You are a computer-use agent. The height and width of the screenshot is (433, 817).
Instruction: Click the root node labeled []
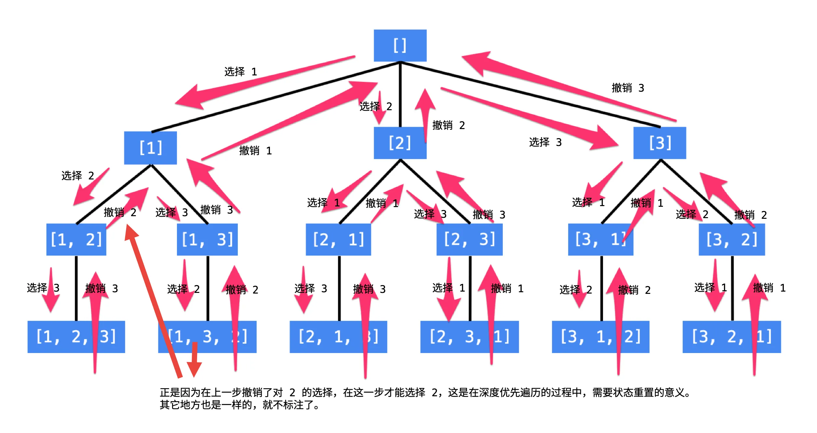pyautogui.click(x=400, y=46)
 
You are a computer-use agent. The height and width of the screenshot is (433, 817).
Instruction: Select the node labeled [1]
pyautogui.click(x=150, y=148)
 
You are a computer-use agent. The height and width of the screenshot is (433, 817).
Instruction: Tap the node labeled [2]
pyautogui.click(x=400, y=143)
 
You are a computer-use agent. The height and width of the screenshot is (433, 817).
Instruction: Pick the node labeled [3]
pyautogui.click(x=660, y=143)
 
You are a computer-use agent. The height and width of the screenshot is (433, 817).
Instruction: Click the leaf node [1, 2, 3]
pyautogui.click(x=76, y=337)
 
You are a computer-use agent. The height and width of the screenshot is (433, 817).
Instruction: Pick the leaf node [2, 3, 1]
pyautogui.click(x=469, y=337)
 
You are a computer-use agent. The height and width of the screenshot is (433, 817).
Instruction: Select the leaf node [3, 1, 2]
pyautogui.click(x=600, y=337)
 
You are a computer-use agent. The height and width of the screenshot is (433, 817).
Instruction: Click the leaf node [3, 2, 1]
pyautogui.click(x=731, y=337)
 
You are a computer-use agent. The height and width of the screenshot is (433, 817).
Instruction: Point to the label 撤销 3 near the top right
pyautogui.click(x=628, y=88)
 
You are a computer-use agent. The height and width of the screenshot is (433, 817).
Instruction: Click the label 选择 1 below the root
pyautogui.click(x=241, y=72)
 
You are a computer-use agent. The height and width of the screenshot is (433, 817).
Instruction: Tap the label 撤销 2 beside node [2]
pyautogui.click(x=449, y=125)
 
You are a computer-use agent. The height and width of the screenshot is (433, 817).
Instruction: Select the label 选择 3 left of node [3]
pyautogui.click(x=545, y=142)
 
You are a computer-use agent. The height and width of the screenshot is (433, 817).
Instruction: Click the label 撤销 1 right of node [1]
pyautogui.click(x=255, y=151)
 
